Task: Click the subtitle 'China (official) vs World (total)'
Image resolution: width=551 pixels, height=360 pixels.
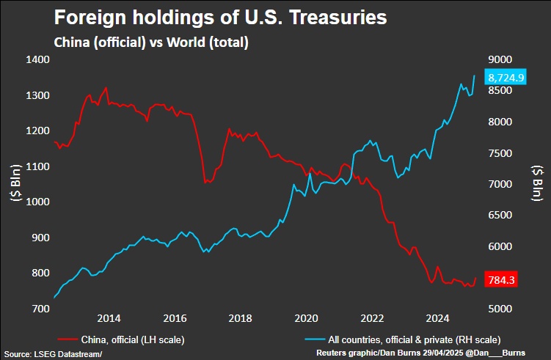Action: point(152,43)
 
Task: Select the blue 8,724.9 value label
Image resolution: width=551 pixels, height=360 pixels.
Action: point(506,76)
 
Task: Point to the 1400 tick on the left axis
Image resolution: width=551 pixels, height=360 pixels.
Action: point(37,60)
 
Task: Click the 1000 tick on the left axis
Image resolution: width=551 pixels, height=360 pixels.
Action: point(37,202)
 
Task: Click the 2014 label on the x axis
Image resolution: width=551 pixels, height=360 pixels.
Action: point(109,318)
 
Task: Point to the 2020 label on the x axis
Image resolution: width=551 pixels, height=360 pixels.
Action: point(306,318)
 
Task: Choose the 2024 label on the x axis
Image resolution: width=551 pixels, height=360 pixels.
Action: point(438,318)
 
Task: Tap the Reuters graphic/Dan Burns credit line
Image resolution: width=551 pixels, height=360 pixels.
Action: point(420,353)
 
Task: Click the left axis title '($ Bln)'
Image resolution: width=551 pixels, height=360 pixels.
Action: point(11,183)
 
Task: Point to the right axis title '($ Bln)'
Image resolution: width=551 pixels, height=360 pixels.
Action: point(539,183)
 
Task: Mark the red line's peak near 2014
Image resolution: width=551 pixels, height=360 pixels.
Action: point(106,87)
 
